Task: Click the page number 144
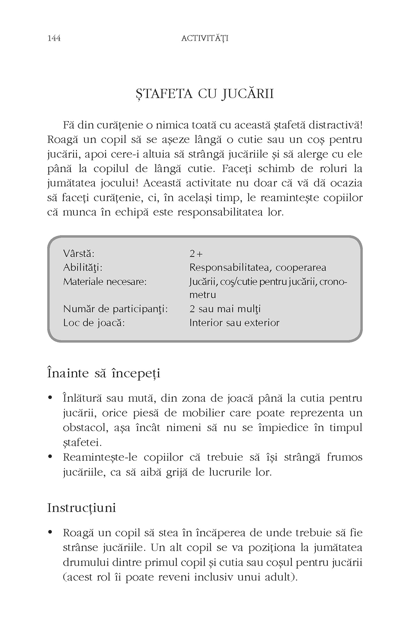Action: click(54, 38)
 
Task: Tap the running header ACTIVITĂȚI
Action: click(205, 38)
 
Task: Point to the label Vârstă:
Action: click(79, 254)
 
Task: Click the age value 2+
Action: click(196, 254)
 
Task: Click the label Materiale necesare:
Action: click(105, 281)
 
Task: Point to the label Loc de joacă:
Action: click(94, 323)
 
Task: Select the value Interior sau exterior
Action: click(234, 323)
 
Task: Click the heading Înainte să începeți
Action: click(104, 373)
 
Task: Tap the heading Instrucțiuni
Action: click(81, 508)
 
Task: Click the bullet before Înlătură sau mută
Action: click(50, 399)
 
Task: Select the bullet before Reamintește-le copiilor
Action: click(50, 457)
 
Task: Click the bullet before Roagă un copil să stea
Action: click(50, 533)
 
